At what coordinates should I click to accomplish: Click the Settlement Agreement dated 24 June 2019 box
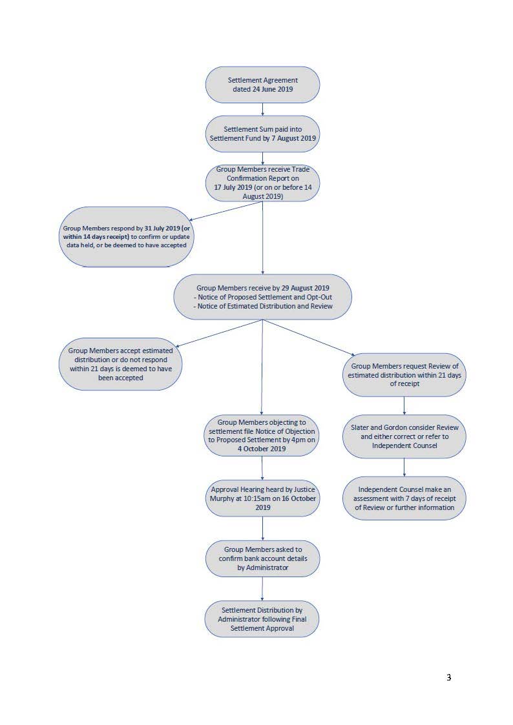262,85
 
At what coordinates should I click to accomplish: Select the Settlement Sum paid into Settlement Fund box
262,134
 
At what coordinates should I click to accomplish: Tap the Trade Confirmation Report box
262,183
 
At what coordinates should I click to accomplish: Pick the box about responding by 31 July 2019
126,237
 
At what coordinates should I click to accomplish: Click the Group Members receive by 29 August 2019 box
263,297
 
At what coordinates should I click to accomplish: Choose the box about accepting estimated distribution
120,364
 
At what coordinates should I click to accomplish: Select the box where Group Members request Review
404,375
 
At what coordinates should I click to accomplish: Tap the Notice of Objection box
262,436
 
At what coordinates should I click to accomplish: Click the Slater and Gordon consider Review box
404,436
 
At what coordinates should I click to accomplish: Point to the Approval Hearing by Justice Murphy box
262,498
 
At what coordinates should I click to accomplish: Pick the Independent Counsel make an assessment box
404,498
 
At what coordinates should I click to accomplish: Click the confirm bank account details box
262,558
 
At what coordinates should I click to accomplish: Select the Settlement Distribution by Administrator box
262,619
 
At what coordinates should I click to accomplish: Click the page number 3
448,677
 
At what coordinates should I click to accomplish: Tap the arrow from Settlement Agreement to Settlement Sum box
263,109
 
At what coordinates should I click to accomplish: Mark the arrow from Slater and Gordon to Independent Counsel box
404,467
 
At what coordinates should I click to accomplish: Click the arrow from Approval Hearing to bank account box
263,529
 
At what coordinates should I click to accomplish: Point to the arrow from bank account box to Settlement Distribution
262,589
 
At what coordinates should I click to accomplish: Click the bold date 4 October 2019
262,449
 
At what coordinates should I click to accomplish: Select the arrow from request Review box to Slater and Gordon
404,405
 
